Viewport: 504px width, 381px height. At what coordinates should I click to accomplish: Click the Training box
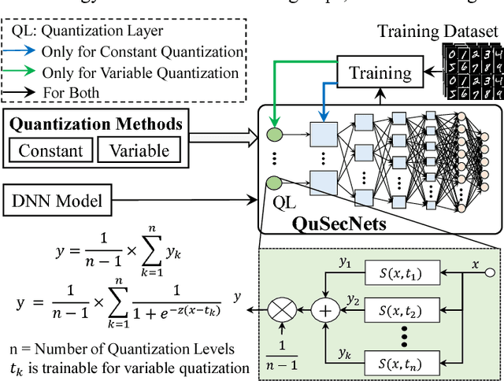tap(380, 74)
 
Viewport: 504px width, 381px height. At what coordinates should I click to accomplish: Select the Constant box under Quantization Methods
tap(51, 150)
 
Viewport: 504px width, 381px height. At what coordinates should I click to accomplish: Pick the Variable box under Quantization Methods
tap(139, 150)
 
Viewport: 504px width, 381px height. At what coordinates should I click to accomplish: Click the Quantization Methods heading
tap(95, 124)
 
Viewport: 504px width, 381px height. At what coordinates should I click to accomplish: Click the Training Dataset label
tap(438, 31)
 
